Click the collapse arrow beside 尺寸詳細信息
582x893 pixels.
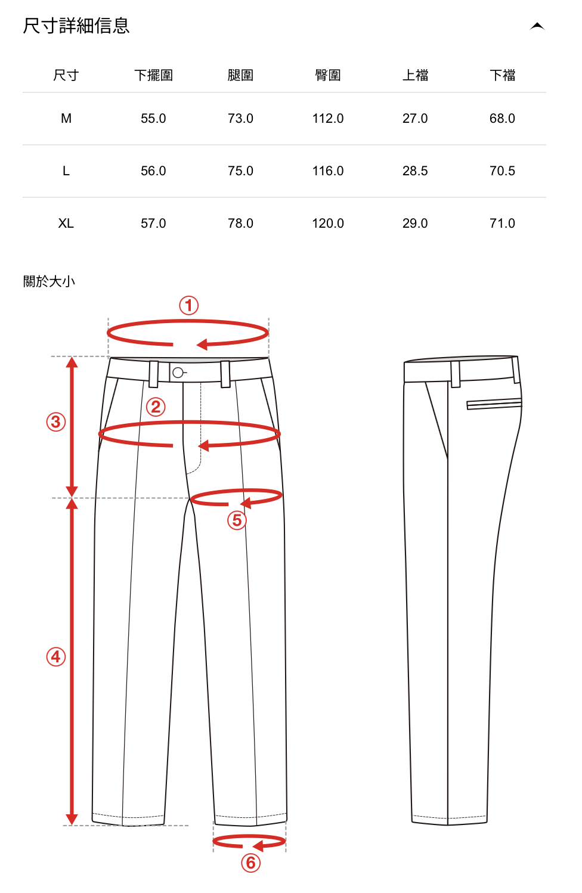[537, 26]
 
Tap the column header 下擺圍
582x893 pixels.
[153, 76]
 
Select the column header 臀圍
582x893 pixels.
[328, 76]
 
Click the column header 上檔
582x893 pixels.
[415, 76]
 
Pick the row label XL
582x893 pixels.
[66, 224]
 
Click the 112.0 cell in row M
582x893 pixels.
[328, 119]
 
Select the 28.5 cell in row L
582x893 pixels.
[415, 171]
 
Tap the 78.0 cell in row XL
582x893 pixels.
[240, 224]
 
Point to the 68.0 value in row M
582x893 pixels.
[502, 119]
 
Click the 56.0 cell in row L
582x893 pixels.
[153, 171]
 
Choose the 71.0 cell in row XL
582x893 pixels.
[502, 224]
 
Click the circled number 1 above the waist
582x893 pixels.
[189, 306]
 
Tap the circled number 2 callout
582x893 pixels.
[156, 407]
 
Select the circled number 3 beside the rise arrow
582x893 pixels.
[56, 422]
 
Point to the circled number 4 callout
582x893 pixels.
[56, 657]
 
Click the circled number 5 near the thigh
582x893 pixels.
[237, 520]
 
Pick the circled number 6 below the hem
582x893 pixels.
[251, 863]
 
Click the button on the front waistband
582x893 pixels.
[178, 373]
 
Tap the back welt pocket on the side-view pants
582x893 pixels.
[494, 404]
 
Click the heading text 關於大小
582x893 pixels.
[49, 281]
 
